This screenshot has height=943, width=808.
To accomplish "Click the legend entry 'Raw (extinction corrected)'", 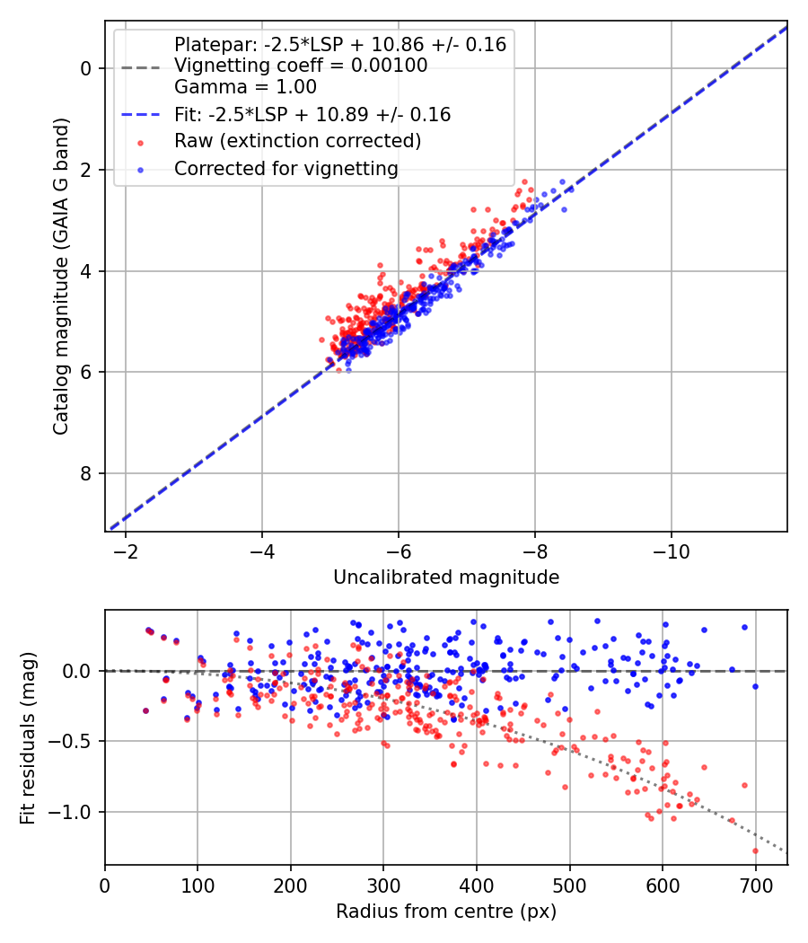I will click(x=297, y=141).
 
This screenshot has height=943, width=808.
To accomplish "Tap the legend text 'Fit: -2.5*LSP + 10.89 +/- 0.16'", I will click(x=312, y=115).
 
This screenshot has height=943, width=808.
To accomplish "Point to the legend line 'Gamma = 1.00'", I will click(x=245, y=87).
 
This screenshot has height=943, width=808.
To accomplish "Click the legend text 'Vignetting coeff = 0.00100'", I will click(x=301, y=66).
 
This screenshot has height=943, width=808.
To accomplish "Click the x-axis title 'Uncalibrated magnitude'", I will click(x=446, y=577).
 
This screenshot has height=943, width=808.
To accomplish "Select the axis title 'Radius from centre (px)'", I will click(x=446, y=912).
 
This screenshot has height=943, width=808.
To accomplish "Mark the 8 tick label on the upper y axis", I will click(x=87, y=473).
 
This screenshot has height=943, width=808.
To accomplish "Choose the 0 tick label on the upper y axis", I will click(x=87, y=68).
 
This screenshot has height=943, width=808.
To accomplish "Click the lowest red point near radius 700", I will click(x=755, y=850).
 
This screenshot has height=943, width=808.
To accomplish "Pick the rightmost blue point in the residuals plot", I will click(x=755, y=686).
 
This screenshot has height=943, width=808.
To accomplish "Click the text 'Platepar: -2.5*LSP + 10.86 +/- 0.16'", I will click(x=340, y=44).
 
